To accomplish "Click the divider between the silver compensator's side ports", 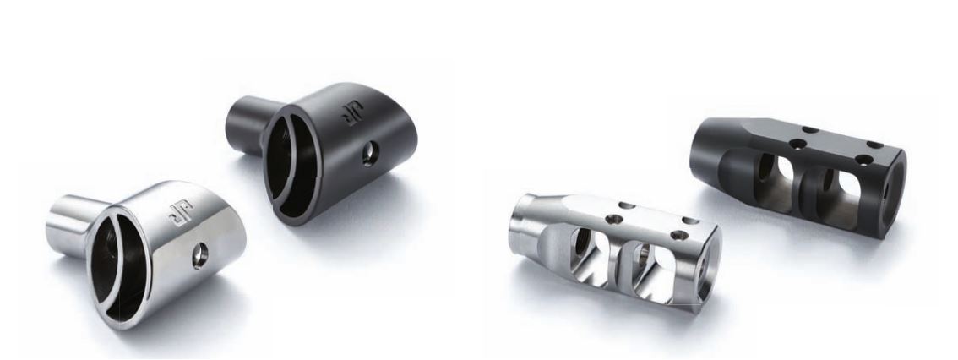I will (619, 260).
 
